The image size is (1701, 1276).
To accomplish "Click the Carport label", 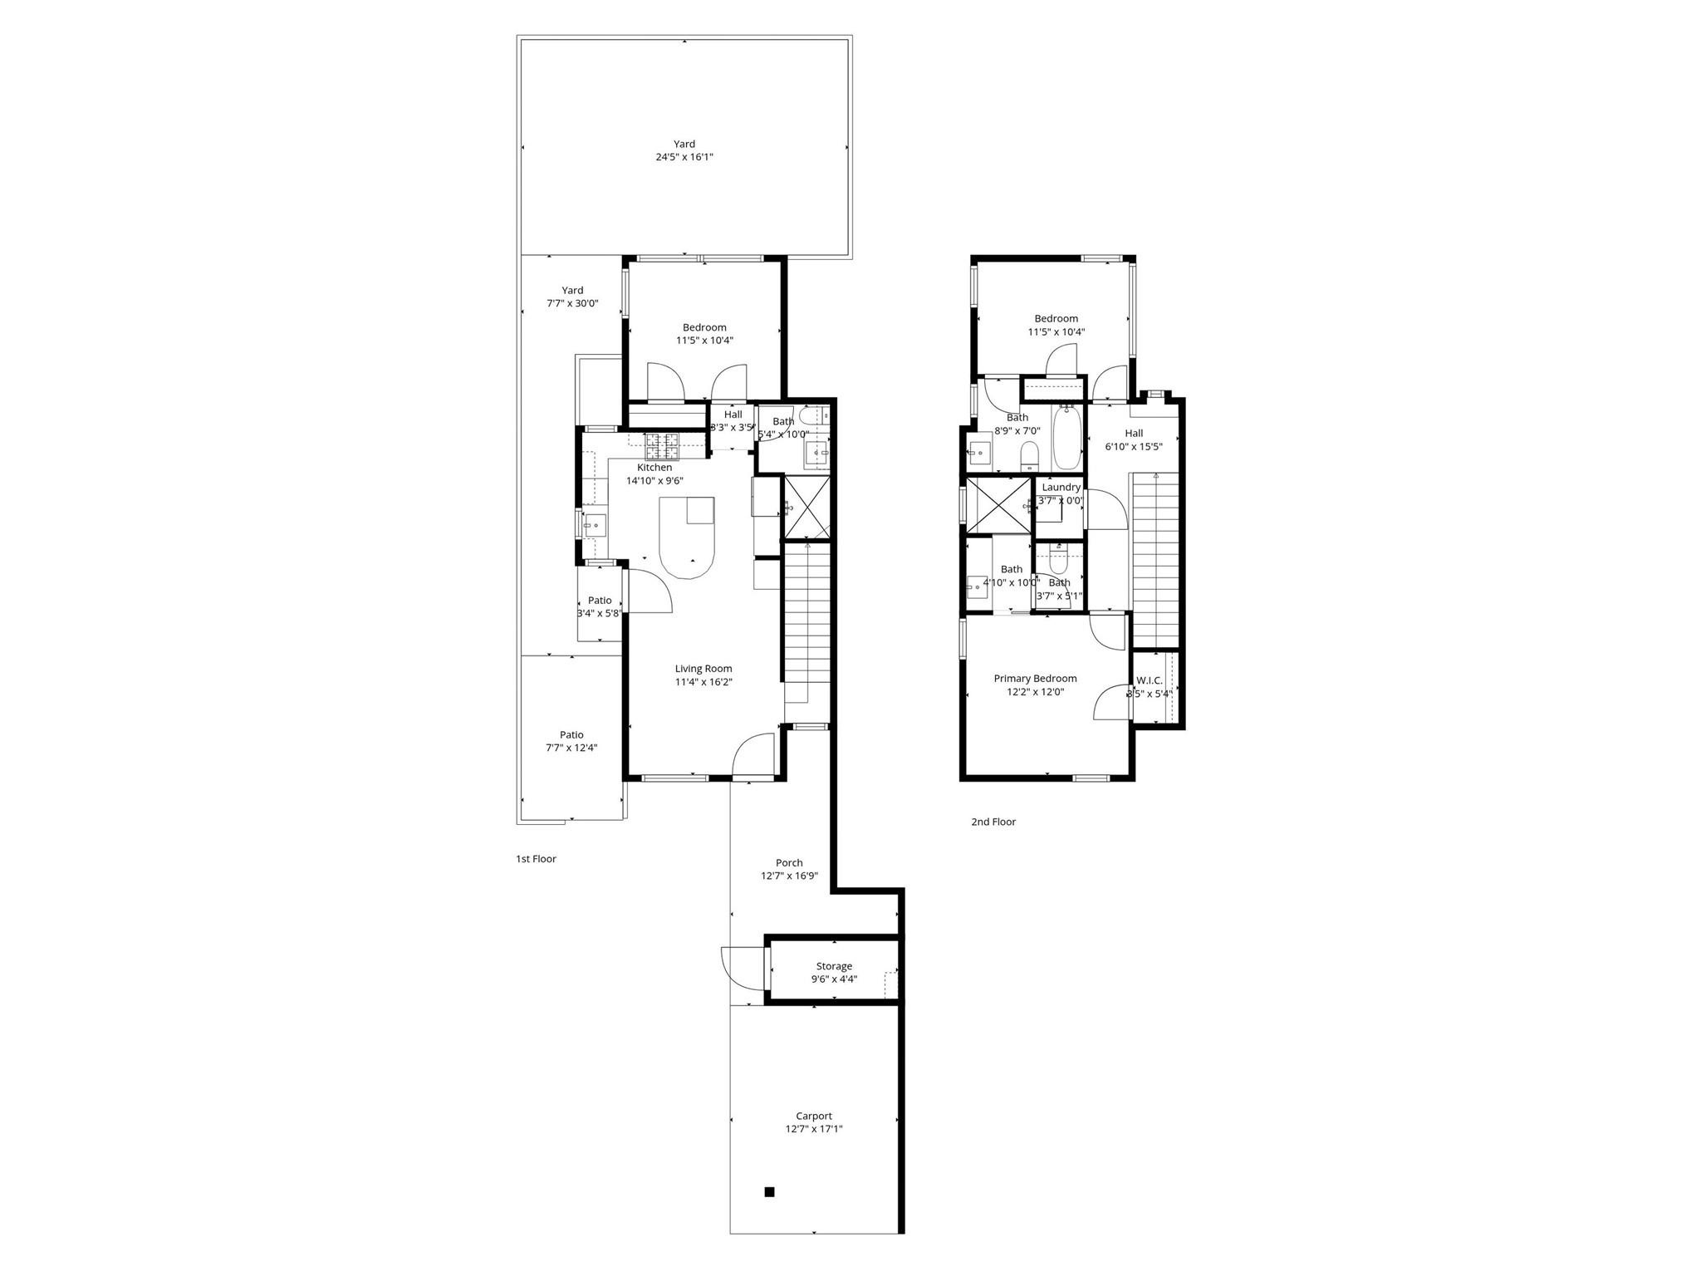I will (813, 1116).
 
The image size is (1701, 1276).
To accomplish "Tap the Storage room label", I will (833, 966).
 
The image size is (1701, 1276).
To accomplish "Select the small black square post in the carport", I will (769, 1192).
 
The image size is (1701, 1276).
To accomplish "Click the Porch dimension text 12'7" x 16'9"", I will (789, 876).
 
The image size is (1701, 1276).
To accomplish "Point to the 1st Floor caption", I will (536, 859).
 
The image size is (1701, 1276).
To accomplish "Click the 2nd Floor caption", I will (993, 822).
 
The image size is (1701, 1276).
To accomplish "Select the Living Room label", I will (703, 669).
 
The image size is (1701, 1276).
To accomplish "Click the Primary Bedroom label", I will (1035, 679).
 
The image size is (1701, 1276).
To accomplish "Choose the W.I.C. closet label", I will (1150, 680).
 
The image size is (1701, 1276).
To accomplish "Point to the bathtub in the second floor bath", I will (1066, 438).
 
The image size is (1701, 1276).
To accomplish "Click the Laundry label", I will (1061, 488).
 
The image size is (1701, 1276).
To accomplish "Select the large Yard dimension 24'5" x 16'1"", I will (684, 157).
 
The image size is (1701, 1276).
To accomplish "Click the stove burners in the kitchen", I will (663, 446).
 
